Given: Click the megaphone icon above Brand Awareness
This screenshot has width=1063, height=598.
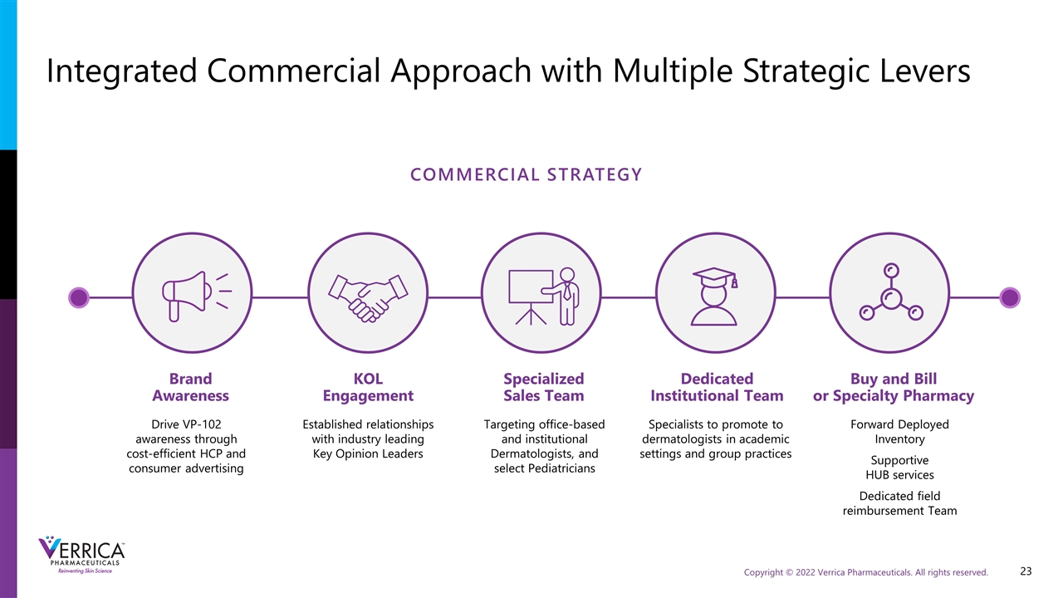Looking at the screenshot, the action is coord(195,297).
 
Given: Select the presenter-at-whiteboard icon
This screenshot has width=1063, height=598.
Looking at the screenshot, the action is coord(543,297).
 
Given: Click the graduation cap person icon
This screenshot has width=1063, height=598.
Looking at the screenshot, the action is coord(714,297).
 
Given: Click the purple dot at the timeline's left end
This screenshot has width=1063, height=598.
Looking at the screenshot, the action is coord(79,297).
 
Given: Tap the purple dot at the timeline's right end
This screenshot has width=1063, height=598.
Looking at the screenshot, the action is coord(1009,297).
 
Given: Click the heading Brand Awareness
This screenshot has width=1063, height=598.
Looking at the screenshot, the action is coord(190,387).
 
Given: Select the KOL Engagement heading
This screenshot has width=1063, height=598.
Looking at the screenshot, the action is coord(368,387).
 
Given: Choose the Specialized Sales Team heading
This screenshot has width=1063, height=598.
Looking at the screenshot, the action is coord(544,387).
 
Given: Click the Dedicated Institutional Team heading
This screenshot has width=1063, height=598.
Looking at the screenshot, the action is coord(717,387).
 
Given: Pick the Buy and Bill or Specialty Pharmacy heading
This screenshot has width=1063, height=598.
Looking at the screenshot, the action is coord(894,387).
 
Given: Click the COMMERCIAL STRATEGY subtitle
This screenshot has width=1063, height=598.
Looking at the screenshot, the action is coord(526,174).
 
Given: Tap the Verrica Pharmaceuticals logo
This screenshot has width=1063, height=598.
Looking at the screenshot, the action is coord(81,555).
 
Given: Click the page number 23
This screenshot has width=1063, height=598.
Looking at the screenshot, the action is coord(1026,571).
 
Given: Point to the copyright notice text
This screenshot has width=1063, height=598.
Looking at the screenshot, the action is coord(865,572).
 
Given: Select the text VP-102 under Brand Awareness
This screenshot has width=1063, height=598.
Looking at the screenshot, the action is coord(202,424).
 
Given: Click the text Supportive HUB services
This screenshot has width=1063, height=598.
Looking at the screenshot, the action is coord(899,468).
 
